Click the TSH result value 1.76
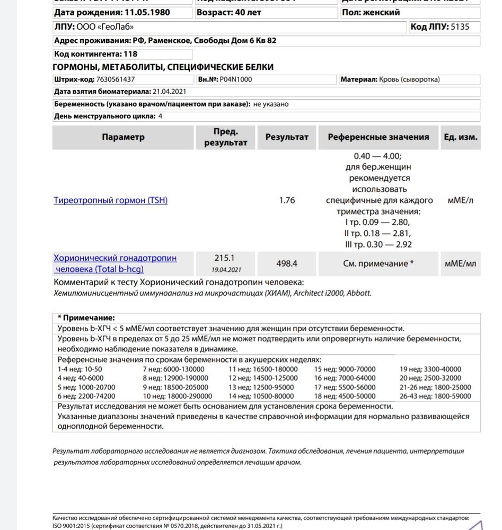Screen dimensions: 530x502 coord(287,200)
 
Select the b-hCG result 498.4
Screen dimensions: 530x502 coord(287,263)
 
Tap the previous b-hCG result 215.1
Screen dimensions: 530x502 coord(224,258)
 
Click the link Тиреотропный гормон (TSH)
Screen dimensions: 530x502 coord(111,200)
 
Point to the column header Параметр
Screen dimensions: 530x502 coord(123,137)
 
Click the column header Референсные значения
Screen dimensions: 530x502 coord(378,137)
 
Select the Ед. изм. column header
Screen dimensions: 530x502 coord(460,137)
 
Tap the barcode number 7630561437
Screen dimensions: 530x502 coord(116,79)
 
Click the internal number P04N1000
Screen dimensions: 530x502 coord(236,79)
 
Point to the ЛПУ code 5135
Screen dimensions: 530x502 coord(460,26)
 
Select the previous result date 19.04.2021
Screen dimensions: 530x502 coord(224,269)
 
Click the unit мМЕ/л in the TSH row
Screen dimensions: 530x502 coord(460,200)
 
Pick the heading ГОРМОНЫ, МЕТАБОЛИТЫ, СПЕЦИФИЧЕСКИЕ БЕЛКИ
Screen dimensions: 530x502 coord(163,67)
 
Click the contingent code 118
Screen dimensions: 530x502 coord(130,54)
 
